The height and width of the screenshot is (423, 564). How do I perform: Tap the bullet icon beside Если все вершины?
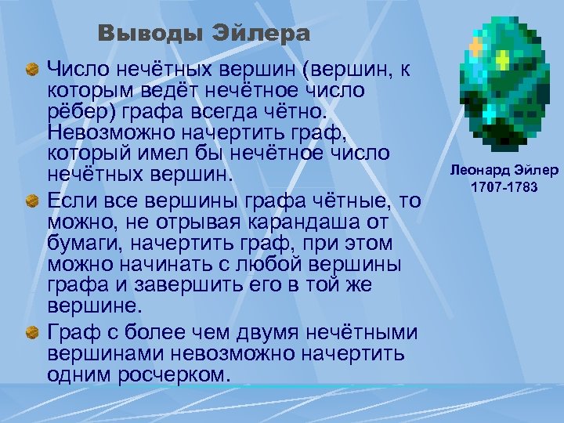coord(32,203)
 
